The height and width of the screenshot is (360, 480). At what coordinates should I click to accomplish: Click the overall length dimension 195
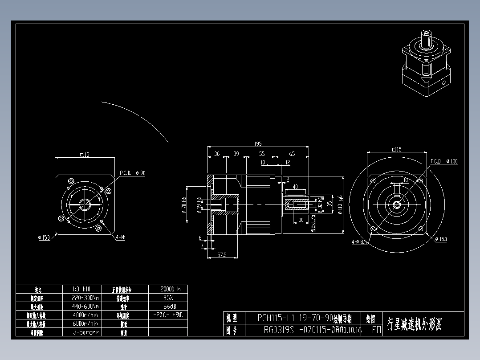point(257,144)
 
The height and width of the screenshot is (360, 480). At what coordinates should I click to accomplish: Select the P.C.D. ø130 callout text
point(444,161)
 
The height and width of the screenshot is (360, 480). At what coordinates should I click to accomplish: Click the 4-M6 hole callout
point(121,237)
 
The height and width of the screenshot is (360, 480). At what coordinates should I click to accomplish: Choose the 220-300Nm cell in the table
point(85,298)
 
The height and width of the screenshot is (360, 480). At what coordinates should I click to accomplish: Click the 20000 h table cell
point(168,289)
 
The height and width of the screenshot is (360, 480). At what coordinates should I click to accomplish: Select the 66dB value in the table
point(168,307)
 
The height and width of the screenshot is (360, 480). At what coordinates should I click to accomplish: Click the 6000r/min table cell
point(85,323)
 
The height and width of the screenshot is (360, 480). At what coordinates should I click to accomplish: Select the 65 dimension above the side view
point(292,154)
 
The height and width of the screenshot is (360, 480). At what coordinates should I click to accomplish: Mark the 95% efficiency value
point(168,298)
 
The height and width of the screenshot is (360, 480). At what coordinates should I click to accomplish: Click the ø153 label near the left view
point(44,237)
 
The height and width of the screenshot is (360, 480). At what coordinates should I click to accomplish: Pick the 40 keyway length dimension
point(295,187)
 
